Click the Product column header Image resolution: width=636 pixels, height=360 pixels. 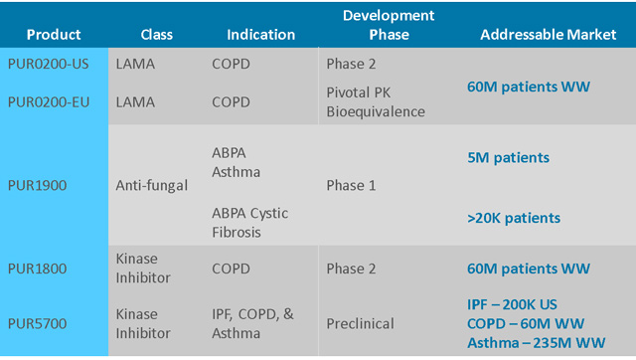pos(54,35)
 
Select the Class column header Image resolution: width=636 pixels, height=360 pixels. pos(157,35)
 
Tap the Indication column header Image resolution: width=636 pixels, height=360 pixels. pos(260,35)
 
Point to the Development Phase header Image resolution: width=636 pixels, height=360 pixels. pos(389,25)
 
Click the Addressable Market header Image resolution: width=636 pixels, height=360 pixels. pos(548,35)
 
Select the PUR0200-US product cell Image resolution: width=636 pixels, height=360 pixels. pos(49,64)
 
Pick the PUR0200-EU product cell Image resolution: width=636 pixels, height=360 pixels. pos(49,101)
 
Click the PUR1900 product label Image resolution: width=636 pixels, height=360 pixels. pos(38,186)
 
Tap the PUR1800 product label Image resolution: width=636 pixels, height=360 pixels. pos(38,269)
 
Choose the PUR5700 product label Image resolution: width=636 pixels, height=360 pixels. pos(38,323)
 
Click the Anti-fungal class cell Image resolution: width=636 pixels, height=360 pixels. pos(152,186)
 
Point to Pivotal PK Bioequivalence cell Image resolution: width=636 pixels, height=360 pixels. pos(376,101)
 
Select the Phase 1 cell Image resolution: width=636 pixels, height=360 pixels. pos(351,186)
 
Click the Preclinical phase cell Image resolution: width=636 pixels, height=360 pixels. pos(360,323)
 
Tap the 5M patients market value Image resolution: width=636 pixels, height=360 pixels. pos(508,157)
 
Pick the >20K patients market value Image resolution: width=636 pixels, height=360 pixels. pos(514,218)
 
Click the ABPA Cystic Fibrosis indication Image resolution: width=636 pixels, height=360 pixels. pos(250,223)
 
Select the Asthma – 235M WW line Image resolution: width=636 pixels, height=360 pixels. pos(537,343)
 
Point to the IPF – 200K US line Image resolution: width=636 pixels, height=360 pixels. pos(513,304)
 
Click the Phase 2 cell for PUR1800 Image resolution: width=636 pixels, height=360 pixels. pos(351,269)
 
